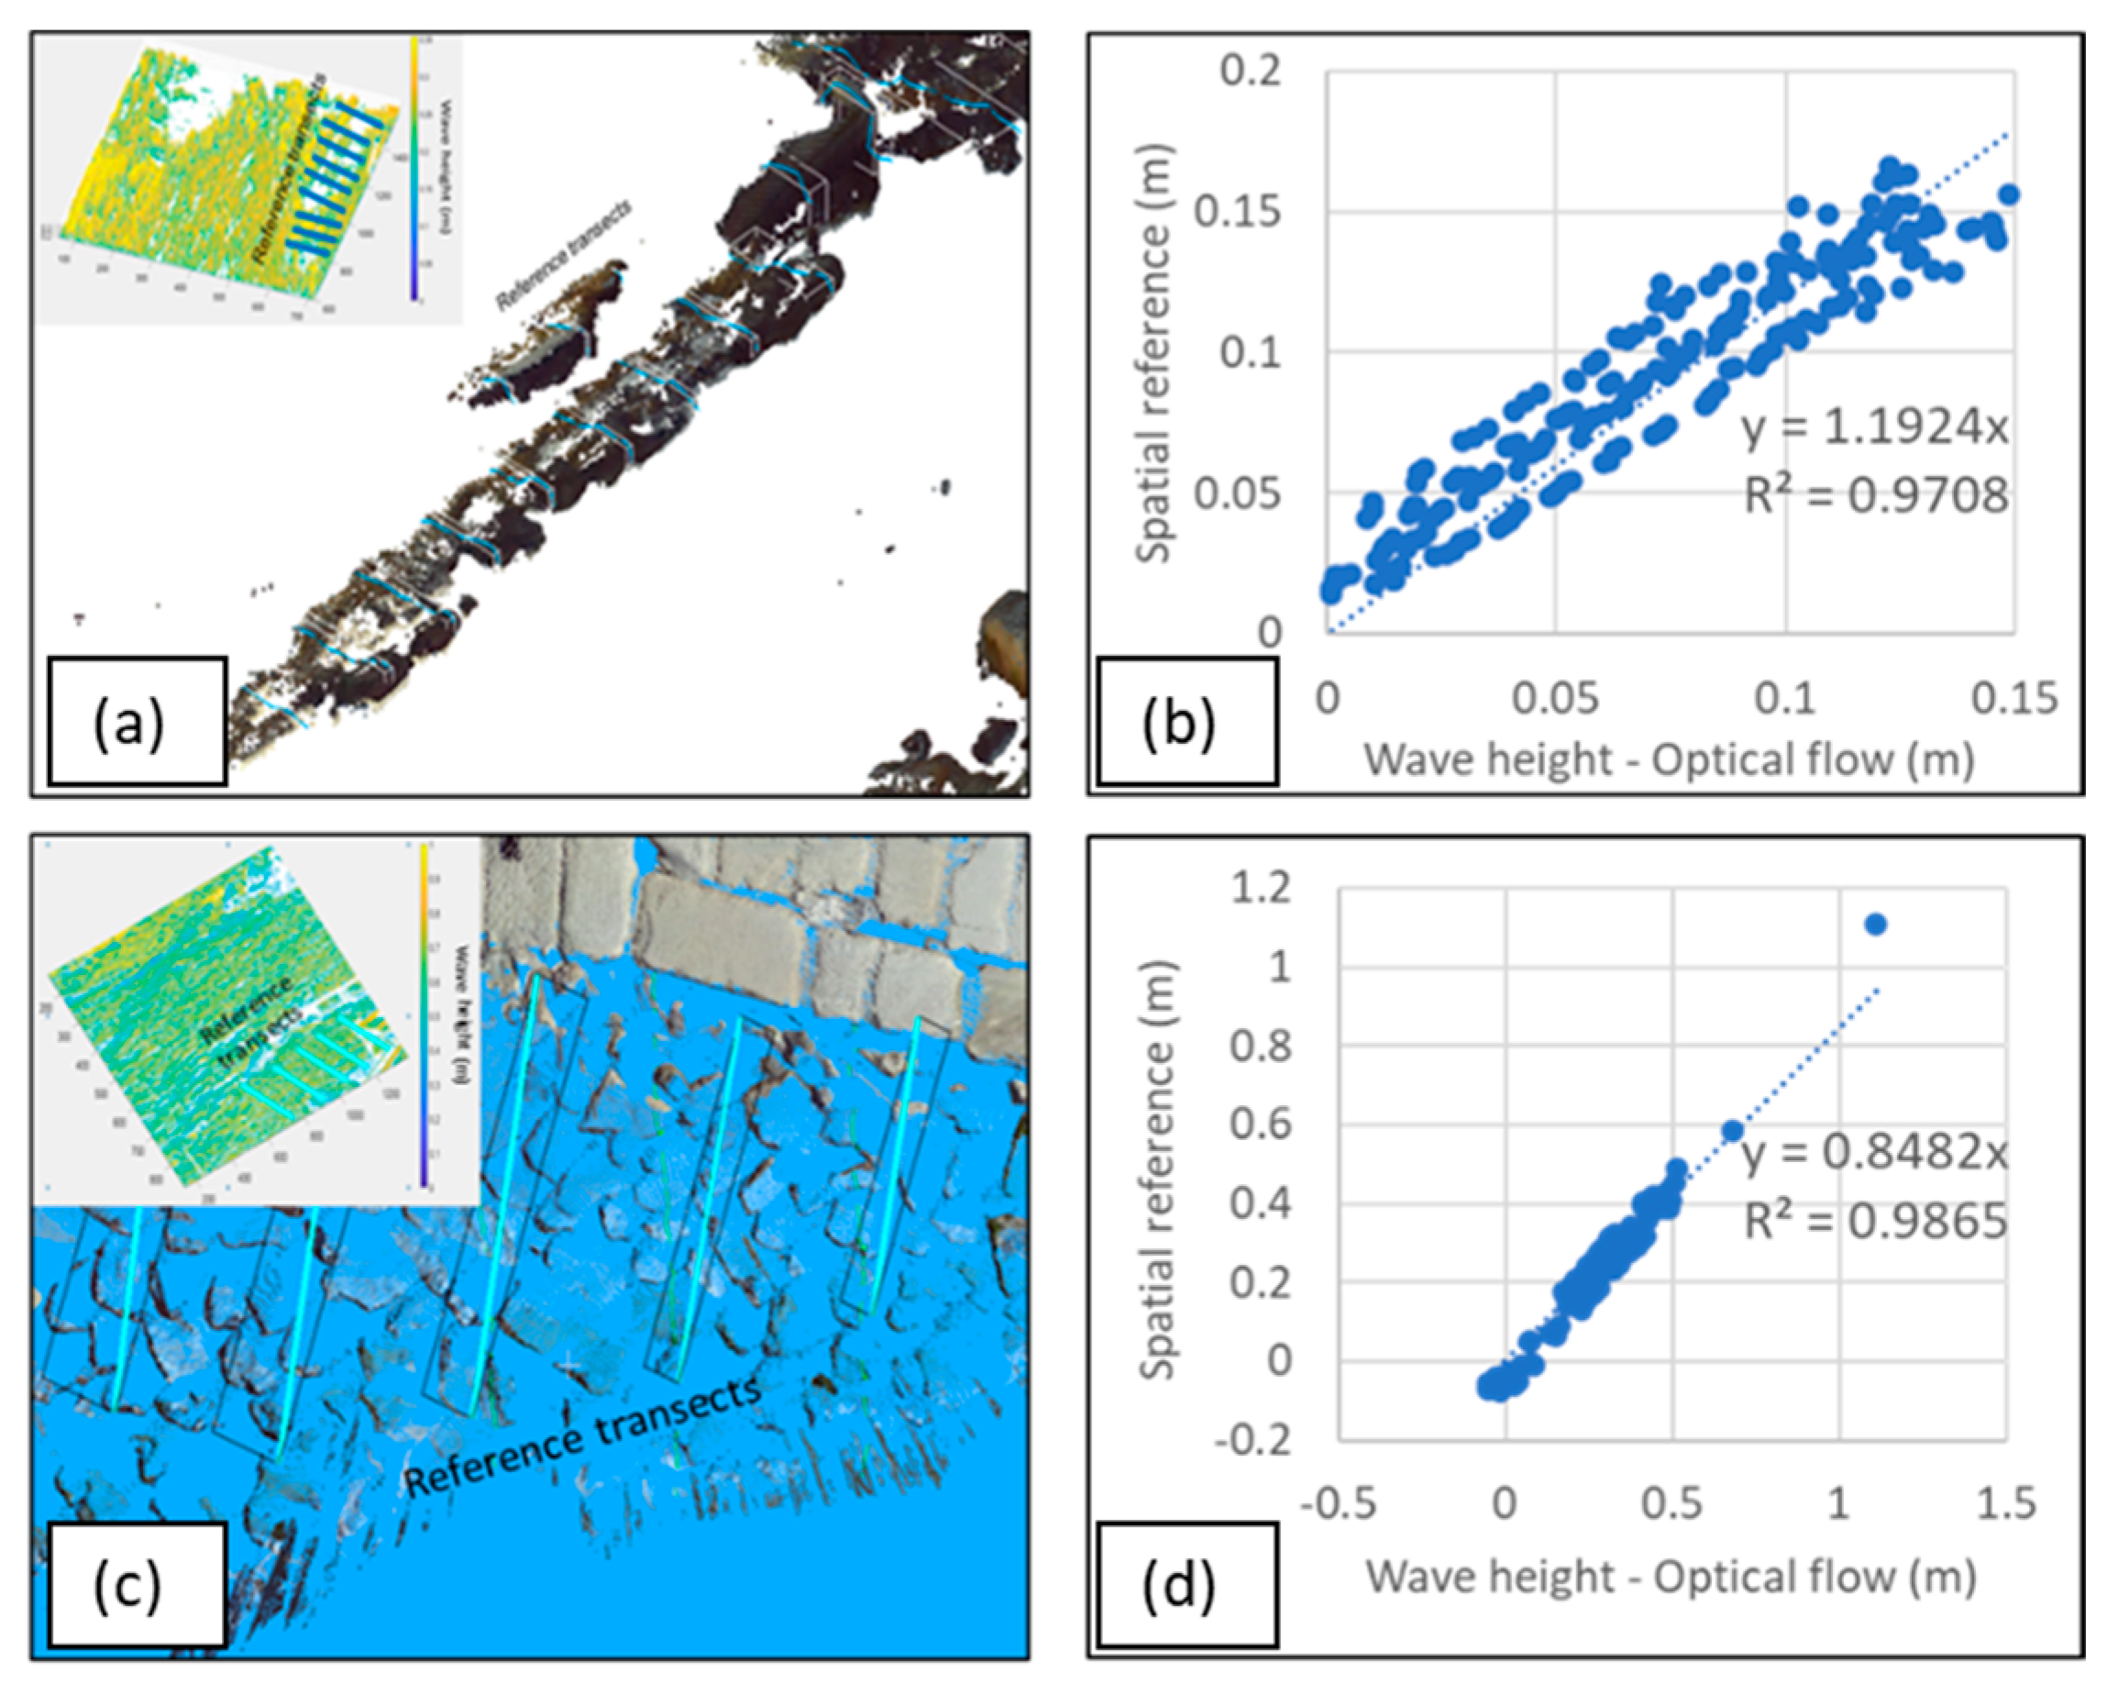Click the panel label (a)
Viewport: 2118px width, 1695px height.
(128, 725)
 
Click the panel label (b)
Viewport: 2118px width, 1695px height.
(1179, 725)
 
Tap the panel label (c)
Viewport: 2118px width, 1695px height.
(128, 1584)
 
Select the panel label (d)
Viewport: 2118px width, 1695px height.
(1179, 1584)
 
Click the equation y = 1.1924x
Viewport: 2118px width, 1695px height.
(1874, 427)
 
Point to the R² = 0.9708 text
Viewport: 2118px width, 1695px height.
(1874, 495)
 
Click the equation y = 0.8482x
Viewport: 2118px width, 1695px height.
(1874, 1153)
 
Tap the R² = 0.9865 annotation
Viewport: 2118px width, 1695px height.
(1874, 1221)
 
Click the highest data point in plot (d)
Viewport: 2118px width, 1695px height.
(1875, 924)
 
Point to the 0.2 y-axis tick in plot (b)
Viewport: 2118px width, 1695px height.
(1251, 72)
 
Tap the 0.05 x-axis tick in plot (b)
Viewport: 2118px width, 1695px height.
(1555, 699)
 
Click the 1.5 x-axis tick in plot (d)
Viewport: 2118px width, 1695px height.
(2006, 1503)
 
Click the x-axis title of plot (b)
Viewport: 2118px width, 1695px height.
(1669, 759)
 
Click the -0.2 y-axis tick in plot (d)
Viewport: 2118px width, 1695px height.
(1253, 1441)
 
